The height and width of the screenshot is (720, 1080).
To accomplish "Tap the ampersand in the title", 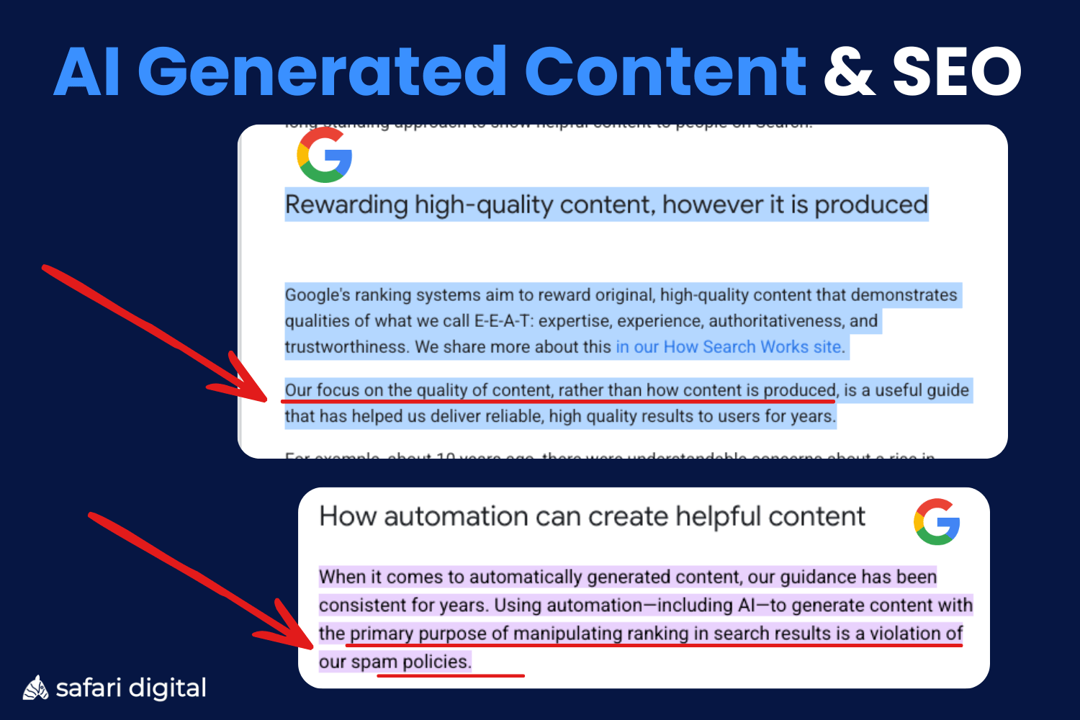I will point(849,72).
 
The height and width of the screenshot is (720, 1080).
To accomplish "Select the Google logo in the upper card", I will point(325,155).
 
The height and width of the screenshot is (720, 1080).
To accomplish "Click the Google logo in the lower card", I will point(937,522).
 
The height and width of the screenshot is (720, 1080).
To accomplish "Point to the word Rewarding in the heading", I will point(347,205).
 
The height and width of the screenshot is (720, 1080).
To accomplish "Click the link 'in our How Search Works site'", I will point(729,347).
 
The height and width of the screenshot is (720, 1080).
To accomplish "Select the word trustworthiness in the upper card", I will point(347,347).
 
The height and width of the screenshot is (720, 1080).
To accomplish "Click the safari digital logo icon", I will point(35,688).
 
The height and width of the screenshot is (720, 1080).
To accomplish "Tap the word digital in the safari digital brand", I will point(166,688).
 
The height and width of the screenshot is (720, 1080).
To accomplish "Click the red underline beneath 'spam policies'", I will point(451,676).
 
